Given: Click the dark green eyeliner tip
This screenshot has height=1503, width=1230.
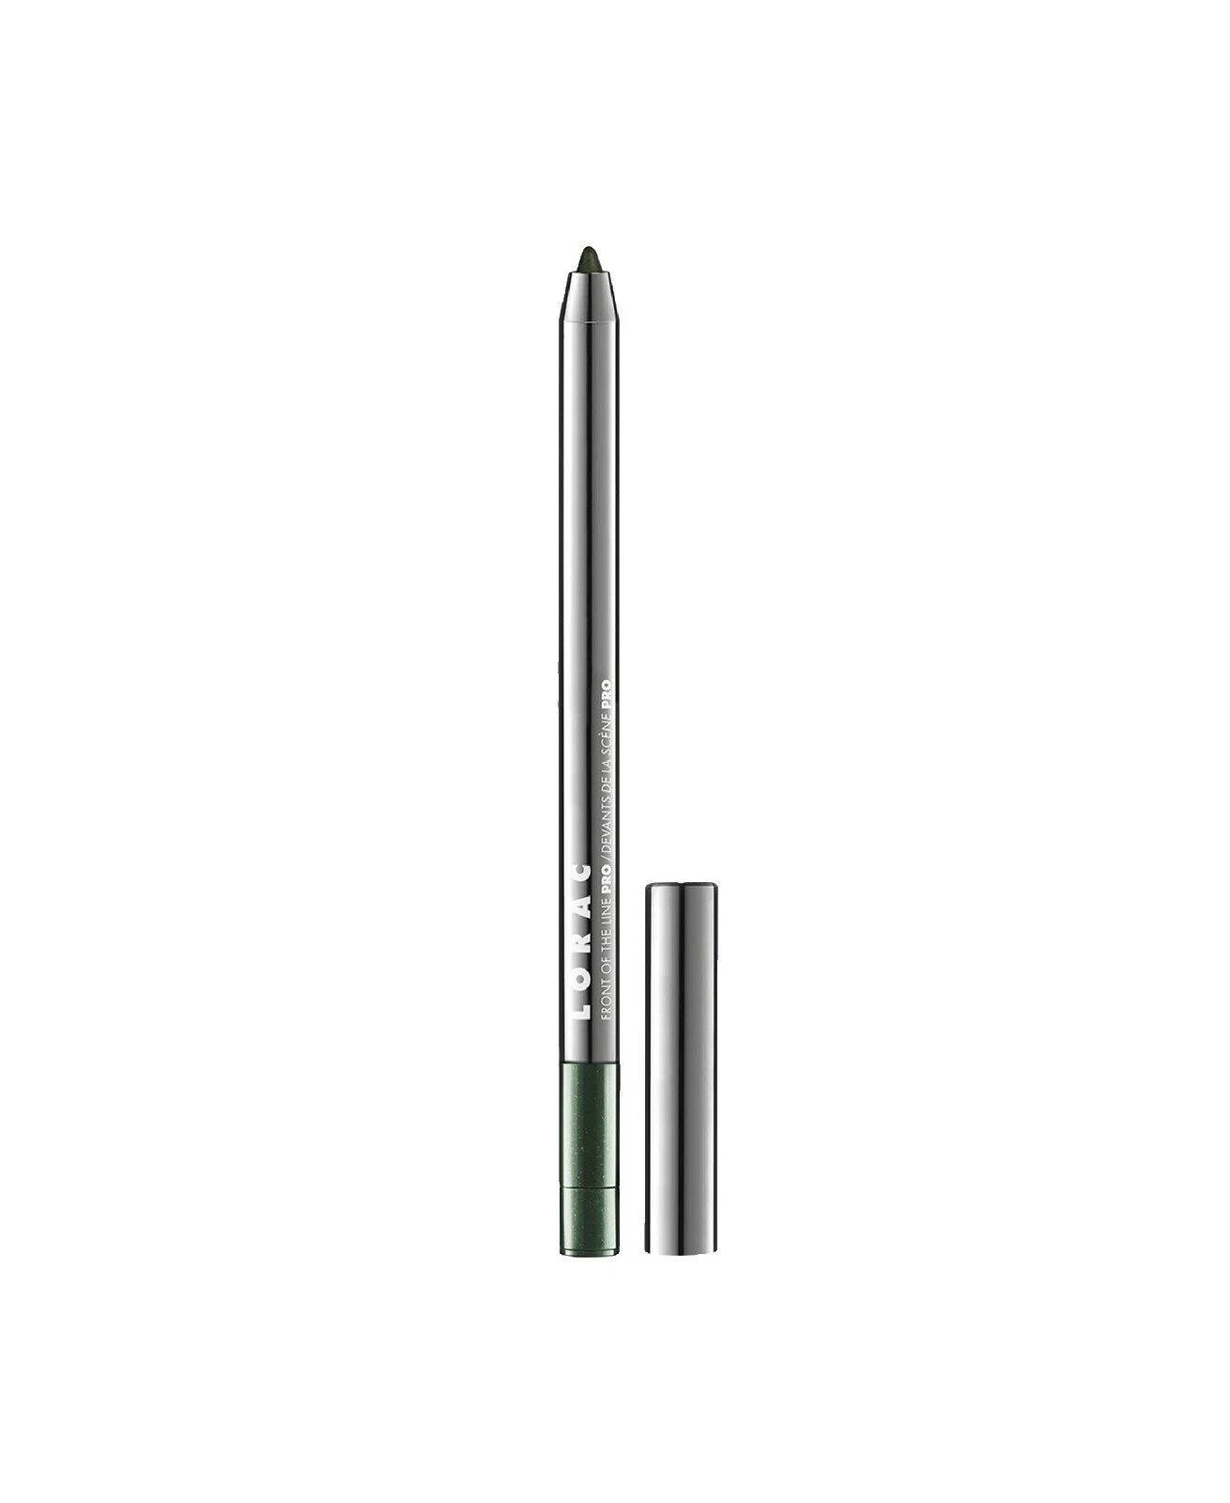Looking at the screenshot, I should point(588,256).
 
